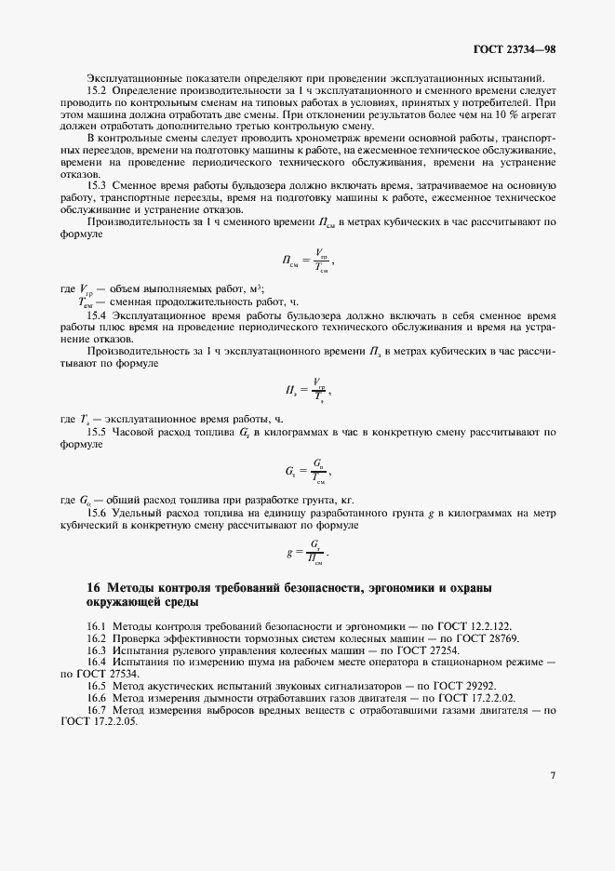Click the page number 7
coord(552,774)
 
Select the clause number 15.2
coord(98,90)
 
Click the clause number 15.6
coord(98,513)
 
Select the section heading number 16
coord(93,588)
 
